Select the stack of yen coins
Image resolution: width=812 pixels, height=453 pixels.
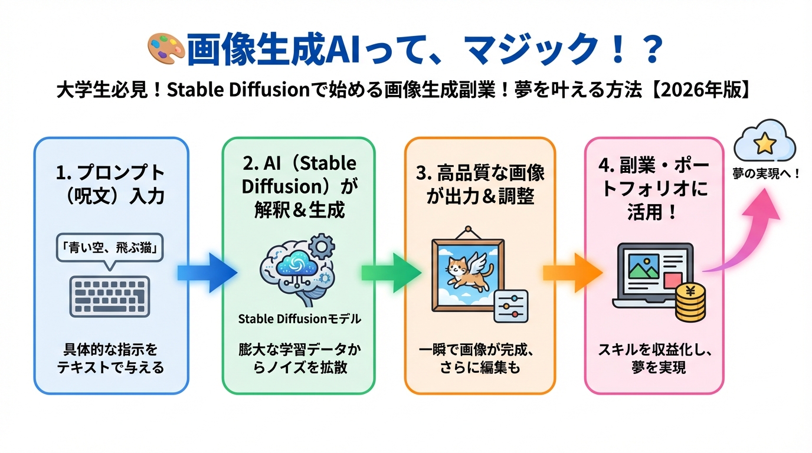pyautogui.click(x=689, y=301)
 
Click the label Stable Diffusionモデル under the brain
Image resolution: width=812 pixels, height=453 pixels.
pyautogui.click(x=299, y=319)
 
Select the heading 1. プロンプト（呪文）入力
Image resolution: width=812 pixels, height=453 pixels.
pyautogui.click(x=110, y=184)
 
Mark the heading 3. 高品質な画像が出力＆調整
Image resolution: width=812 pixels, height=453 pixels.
pyautogui.click(x=479, y=184)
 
